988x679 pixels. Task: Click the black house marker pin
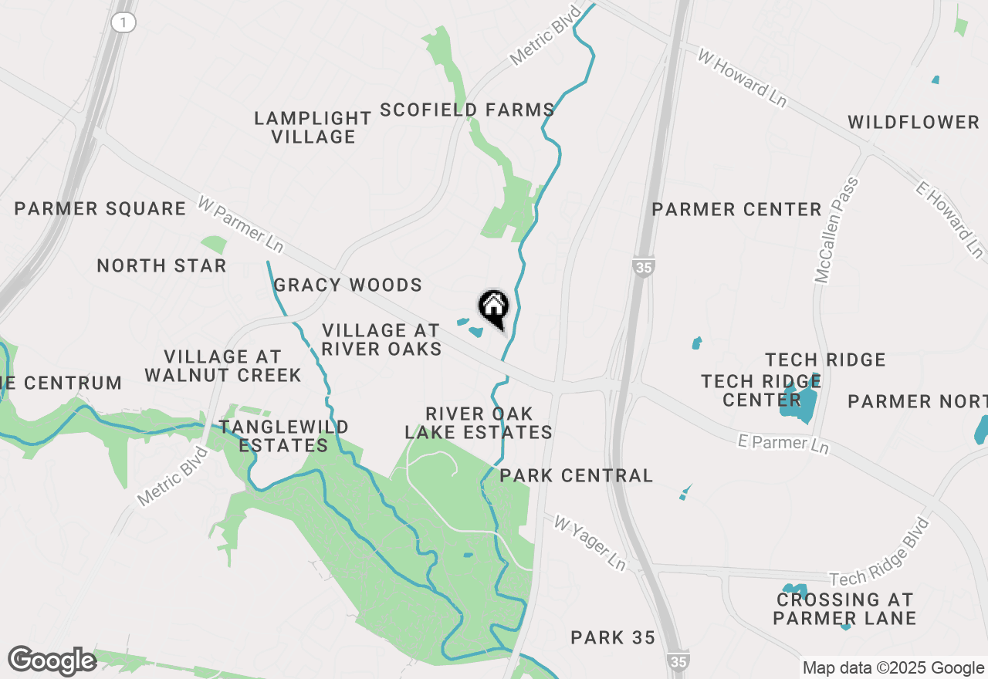494,308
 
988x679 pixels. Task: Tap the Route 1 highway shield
123,22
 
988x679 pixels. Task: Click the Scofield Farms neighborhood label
467,110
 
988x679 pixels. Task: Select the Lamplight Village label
313,127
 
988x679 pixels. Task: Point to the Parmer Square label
100,208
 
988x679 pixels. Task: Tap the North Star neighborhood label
161,266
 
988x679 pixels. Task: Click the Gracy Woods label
348,285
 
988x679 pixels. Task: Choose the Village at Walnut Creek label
223,366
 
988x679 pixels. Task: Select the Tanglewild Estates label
283,436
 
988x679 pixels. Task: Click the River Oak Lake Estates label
479,423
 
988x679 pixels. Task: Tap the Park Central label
577,475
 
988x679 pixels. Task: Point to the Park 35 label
613,637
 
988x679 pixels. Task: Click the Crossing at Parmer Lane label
844,609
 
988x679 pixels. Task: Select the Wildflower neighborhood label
914,122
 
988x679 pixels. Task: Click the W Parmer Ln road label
241,224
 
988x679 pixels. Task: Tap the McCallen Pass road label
835,230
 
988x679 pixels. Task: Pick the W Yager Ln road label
590,543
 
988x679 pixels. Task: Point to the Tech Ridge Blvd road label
881,552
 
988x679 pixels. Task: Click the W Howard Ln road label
742,79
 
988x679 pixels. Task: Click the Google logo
52,661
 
